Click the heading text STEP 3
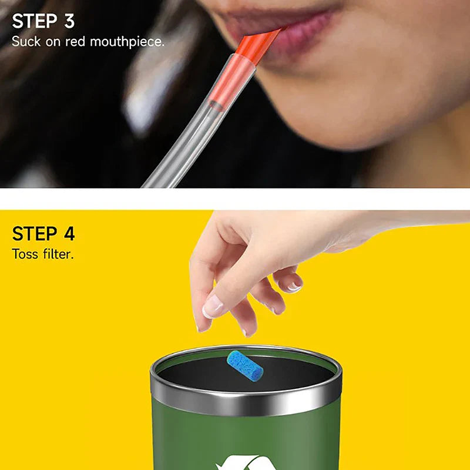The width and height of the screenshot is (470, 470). tap(43, 21)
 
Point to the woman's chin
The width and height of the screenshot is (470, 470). tap(329, 117)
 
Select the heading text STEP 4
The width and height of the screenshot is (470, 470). tap(43, 234)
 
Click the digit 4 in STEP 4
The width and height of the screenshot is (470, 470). tap(69, 234)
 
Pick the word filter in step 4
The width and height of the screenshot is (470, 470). tap(58, 254)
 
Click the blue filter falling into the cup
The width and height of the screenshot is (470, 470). tap(245, 365)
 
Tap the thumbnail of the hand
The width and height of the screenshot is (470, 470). tap(212, 306)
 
